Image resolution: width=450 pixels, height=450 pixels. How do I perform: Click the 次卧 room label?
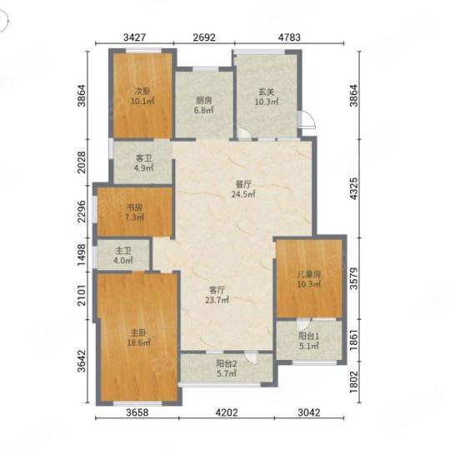pos(142,92)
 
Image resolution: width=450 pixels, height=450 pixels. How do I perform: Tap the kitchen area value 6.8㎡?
pos(204,110)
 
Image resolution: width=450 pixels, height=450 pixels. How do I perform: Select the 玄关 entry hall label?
pos(267,92)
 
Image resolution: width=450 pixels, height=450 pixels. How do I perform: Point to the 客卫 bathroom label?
pos(143,158)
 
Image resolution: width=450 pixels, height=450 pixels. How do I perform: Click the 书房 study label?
pos(135,207)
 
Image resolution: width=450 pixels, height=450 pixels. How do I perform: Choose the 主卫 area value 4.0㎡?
pos(123,261)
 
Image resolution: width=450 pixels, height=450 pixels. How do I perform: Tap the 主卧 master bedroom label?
pos(138,332)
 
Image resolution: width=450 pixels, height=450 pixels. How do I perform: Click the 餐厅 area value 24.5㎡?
pos(243,194)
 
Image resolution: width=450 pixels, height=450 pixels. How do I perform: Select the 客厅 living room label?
pos(217,290)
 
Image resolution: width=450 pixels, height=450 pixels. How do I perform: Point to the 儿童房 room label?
pos(309,274)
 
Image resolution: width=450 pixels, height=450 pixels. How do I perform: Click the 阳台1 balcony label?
pos(309,336)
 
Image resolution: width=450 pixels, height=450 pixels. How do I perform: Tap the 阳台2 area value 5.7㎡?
pos(227,373)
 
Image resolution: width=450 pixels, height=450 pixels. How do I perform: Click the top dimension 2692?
pos(204,37)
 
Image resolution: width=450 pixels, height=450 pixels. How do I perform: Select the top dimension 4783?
pos(289,37)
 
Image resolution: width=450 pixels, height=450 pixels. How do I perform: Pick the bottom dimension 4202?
pos(227,412)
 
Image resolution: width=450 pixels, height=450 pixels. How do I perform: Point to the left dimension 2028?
pos(82,162)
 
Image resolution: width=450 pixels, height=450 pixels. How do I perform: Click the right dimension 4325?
pos(354,188)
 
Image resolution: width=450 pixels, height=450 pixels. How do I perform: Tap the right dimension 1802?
pos(354,382)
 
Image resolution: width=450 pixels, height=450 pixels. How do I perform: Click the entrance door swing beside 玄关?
pos(307,119)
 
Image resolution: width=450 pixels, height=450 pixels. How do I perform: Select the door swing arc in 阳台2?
pos(252,357)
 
